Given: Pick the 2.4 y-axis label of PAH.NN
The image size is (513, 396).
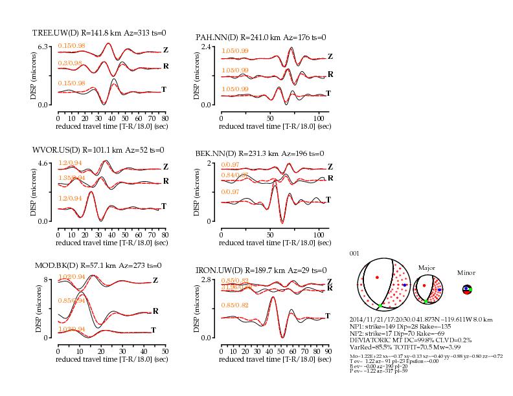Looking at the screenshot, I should pos(208,47).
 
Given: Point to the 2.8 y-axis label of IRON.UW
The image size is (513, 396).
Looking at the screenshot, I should pos(208,280).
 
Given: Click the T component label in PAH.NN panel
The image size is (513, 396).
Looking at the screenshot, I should pos(328,94).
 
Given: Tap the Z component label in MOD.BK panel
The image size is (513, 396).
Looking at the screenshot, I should pos(155,280).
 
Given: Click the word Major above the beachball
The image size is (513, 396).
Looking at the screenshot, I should pos(426,267).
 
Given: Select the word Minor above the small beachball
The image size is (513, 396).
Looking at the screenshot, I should pos(466,273).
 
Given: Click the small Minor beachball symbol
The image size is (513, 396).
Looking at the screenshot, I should pos(466,290).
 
